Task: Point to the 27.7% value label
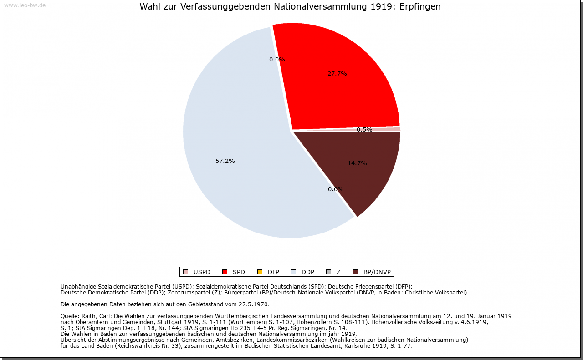[337, 73]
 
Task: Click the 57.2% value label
[225, 161]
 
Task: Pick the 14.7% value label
[357, 163]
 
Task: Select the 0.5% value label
[364, 130]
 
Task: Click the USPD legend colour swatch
[185, 272]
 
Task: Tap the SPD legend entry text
[239, 272]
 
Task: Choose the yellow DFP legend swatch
[260, 272]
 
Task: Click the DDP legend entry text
[308, 272]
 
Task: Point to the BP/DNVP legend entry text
[377, 272]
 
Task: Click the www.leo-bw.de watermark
[25, 5]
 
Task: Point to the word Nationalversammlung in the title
[315, 7]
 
